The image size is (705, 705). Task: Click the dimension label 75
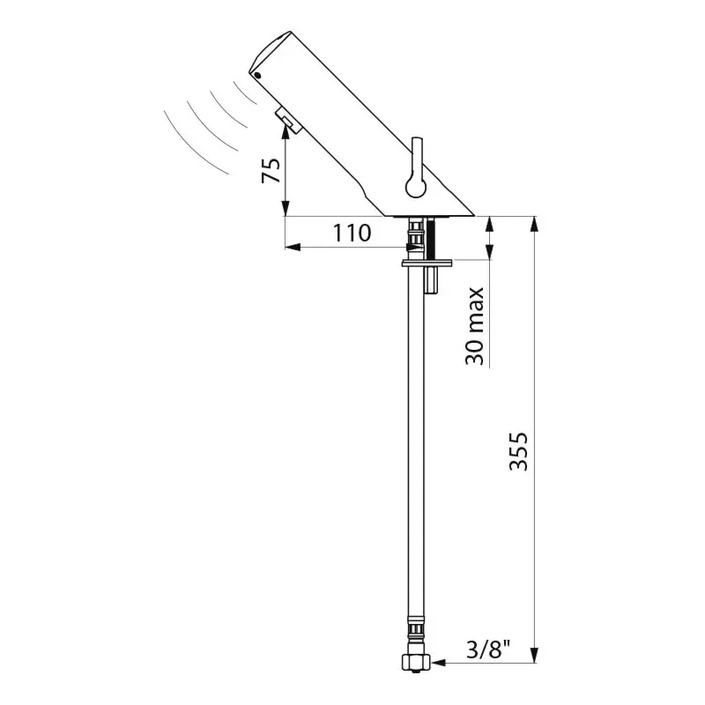point(271,170)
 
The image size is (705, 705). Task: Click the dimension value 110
point(352,233)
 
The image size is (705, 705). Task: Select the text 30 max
point(475,326)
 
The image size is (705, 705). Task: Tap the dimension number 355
point(518,451)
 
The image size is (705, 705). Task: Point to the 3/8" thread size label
point(489,649)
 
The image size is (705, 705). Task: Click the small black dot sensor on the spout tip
point(257,76)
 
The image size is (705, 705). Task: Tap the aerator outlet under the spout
point(289,120)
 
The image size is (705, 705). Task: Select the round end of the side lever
point(416,186)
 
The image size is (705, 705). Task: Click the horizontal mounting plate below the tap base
point(427,262)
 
